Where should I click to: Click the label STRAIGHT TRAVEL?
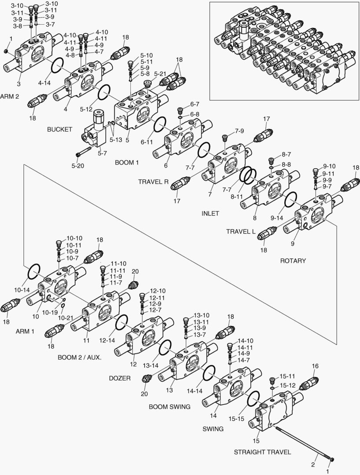coord(262,452)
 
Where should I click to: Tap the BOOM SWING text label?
coord(169,407)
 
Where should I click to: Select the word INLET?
coord(210,214)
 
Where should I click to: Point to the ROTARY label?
coord(293,261)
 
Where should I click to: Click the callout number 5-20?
coord(77,166)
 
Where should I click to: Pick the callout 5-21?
coord(160,73)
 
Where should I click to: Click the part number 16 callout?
coord(315,365)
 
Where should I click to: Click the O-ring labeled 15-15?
coord(253,399)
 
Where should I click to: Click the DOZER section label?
coord(120,378)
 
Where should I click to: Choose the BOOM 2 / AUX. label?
coord(79,357)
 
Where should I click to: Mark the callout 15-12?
coord(287,385)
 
